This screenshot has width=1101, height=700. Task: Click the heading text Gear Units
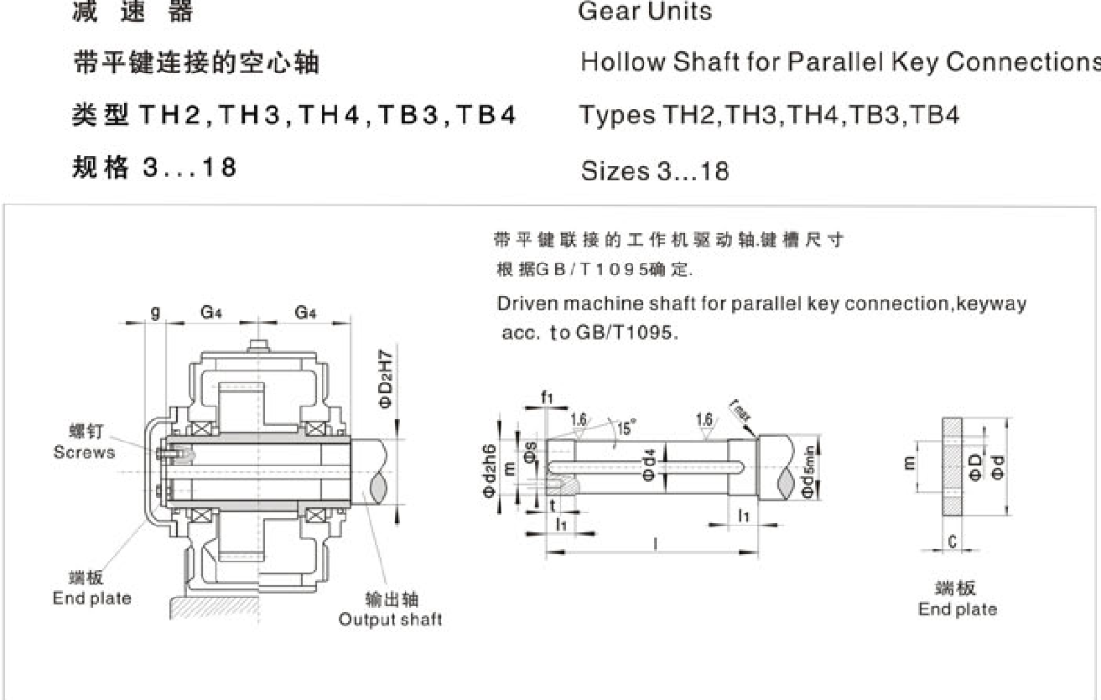(x=644, y=11)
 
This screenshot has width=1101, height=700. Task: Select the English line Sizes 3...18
(x=654, y=172)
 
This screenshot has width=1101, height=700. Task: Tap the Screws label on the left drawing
(x=84, y=452)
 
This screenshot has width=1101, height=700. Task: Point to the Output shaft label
(x=390, y=620)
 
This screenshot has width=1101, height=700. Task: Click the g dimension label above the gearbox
(x=155, y=313)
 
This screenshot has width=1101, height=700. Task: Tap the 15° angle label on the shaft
(x=626, y=429)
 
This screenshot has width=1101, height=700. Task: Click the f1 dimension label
(x=548, y=397)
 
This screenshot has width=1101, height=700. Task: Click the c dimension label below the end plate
(x=953, y=542)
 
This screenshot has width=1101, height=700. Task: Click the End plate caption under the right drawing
(x=957, y=609)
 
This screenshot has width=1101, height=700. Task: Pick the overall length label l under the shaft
(x=655, y=544)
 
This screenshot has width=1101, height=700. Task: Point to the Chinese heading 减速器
(x=133, y=11)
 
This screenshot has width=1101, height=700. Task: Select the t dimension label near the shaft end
(x=553, y=505)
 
